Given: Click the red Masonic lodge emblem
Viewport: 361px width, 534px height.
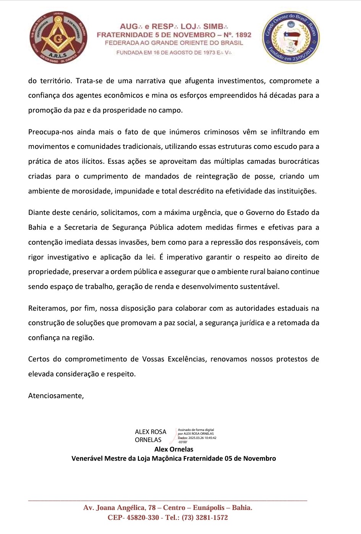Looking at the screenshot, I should click(58, 37).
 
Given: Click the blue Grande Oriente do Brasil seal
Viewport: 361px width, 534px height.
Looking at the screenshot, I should click(291, 37).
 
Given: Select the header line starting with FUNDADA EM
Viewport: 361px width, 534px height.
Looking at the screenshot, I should click(173, 53).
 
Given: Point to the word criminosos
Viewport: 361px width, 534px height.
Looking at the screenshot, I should click(222, 132).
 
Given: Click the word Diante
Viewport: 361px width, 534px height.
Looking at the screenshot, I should click(39, 213).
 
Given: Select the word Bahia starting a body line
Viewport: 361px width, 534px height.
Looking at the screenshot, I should click(37, 227).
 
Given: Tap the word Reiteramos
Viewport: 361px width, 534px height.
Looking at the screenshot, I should click(47, 308).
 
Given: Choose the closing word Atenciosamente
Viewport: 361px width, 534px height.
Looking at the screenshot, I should click(56, 396).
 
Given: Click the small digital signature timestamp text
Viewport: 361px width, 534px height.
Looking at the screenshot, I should click(197, 436).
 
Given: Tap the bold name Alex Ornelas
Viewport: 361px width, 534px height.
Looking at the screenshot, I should click(174, 449).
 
